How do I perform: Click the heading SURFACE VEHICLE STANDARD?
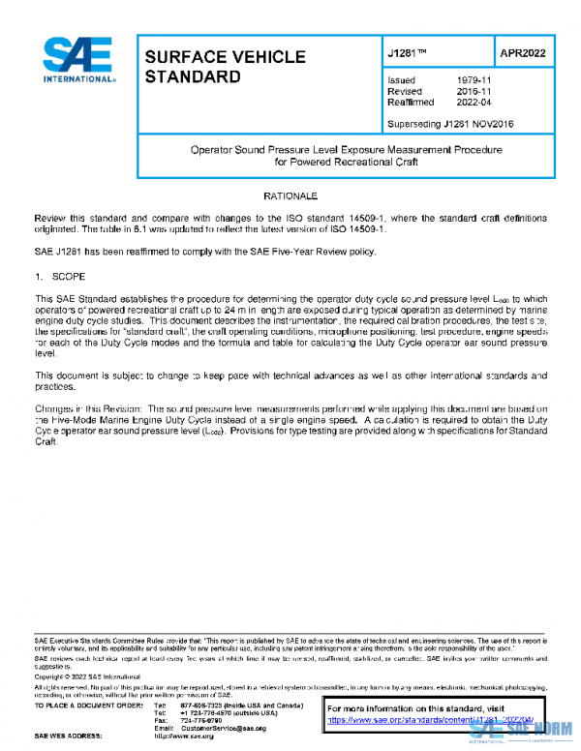225,66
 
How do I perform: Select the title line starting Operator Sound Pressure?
345,151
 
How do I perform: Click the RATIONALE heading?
290,196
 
